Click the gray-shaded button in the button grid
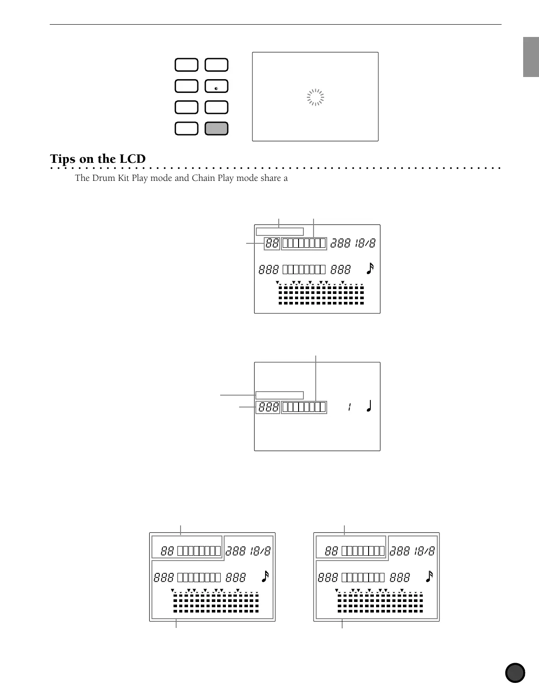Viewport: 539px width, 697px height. (x=216, y=128)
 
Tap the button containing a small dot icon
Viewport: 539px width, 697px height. (x=216, y=86)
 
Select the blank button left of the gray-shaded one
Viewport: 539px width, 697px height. (x=186, y=128)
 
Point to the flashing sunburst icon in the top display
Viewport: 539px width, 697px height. (x=315, y=97)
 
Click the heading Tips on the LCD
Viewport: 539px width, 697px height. (x=98, y=159)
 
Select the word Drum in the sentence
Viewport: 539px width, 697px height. (x=102, y=178)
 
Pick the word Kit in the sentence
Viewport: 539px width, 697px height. (x=122, y=178)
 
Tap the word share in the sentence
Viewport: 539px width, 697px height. (x=271, y=178)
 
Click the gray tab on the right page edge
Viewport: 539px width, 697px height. (x=531, y=57)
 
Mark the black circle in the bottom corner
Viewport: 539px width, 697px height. (x=515, y=673)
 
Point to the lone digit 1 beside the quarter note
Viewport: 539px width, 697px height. (x=349, y=407)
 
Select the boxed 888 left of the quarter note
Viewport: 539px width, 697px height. (x=268, y=407)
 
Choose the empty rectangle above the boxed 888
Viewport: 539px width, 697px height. (x=280, y=395)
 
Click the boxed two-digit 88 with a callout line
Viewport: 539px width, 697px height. (x=272, y=243)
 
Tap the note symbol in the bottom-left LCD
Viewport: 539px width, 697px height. (x=265, y=576)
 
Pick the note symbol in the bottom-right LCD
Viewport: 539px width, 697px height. (x=429, y=576)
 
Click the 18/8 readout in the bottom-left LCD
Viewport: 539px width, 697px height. (x=260, y=551)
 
